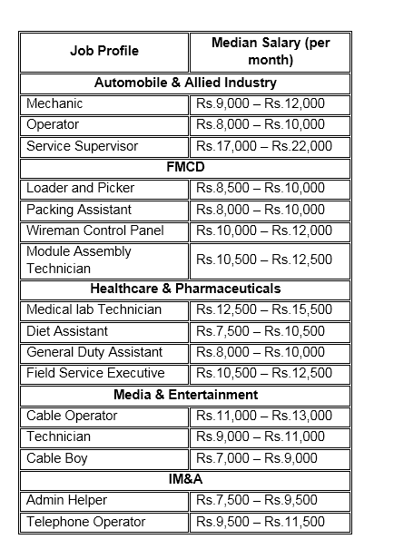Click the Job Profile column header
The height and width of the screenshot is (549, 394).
(104, 52)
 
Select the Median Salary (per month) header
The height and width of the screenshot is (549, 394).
(270, 52)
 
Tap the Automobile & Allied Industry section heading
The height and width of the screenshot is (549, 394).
(185, 83)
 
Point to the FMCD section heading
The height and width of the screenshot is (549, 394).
(185, 167)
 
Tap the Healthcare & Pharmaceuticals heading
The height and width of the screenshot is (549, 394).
(185, 289)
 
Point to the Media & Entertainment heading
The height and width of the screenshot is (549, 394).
(185, 395)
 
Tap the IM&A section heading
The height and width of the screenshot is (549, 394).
(185, 479)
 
